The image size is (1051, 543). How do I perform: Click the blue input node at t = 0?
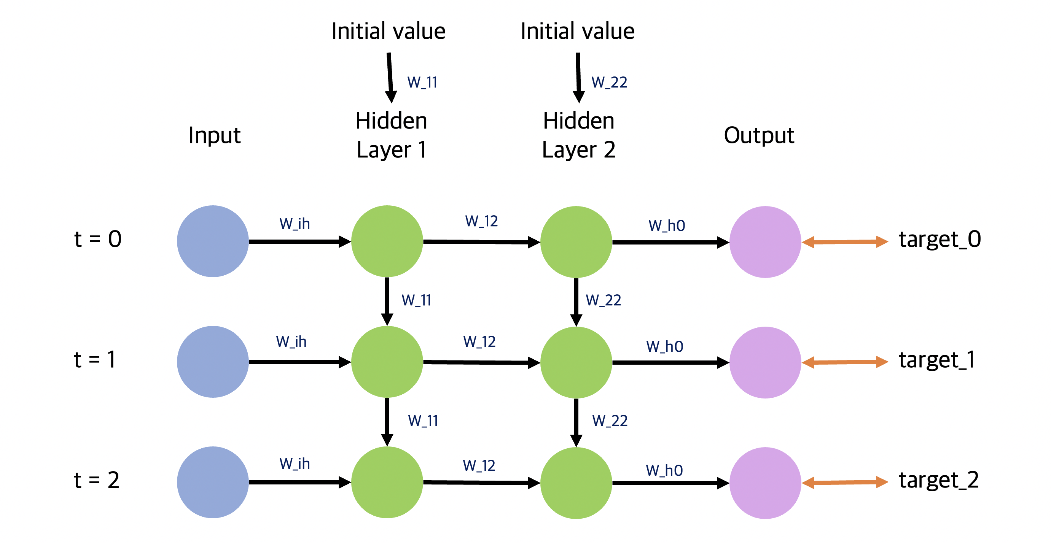tap(213, 241)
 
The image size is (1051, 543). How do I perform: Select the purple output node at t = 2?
tap(765, 483)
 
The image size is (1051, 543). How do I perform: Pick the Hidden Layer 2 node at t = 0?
tap(576, 242)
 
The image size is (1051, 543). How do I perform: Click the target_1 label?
tap(937, 360)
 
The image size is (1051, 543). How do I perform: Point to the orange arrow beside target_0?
tap(844, 242)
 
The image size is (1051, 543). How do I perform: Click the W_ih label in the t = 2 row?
tap(295, 464)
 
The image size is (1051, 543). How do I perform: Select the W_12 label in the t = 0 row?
tap(481, 221)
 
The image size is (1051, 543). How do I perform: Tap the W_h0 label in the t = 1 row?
tap(665, 346)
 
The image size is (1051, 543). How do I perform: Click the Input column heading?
tap(214, 135)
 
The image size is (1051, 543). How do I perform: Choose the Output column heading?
tap(759, 135)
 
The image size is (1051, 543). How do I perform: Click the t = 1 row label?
tap(95, 360)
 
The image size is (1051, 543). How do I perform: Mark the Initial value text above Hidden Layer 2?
tap(577, 32)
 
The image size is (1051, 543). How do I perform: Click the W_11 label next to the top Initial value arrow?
tap(422, 83)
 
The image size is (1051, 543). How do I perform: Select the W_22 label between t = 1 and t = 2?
tap(610, 421)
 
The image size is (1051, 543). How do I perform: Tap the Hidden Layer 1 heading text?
tap(391, 135)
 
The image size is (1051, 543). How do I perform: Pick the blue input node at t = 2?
tap(213, 482)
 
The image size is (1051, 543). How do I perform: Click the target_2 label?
tap(938, 480)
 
